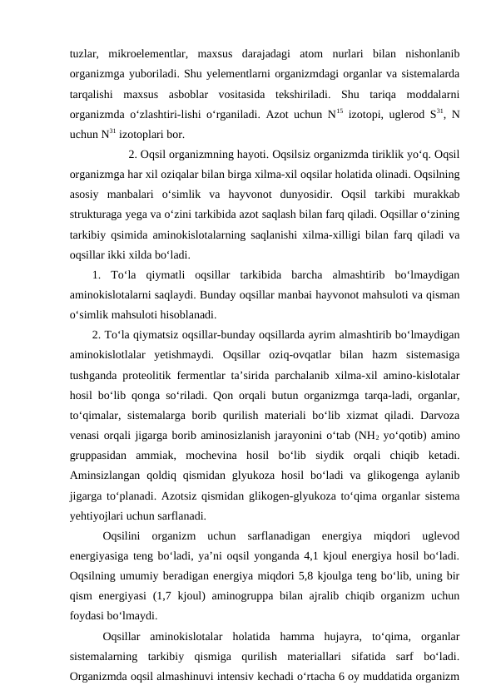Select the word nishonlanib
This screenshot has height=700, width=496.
[x=424, y=55]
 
